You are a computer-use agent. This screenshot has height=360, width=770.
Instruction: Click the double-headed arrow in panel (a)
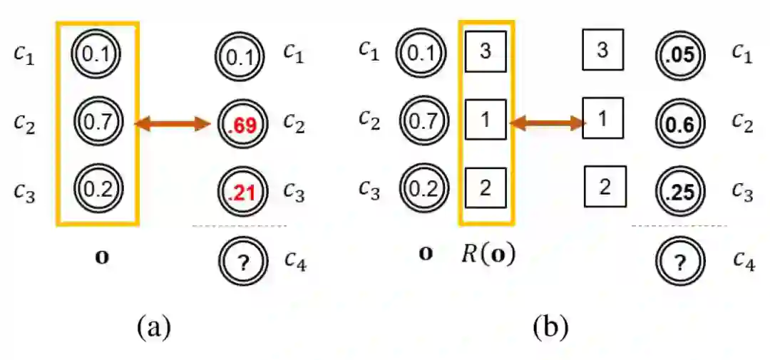(x=173, y=125)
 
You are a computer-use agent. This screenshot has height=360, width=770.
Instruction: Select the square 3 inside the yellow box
(x=486, y=52)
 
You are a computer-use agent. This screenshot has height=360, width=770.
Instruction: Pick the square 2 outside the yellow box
(x=605, y=187)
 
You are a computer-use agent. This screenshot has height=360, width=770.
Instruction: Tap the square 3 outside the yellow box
(x=602, y=50)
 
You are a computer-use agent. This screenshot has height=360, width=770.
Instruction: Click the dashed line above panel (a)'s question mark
(x=240, y=226)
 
